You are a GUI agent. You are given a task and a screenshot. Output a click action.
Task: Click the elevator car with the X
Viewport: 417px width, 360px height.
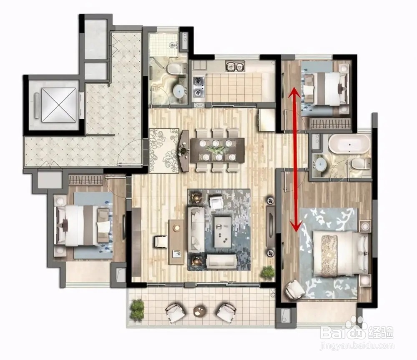tap(59, 105)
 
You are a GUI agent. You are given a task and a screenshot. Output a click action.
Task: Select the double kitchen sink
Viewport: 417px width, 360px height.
tap(235, 66)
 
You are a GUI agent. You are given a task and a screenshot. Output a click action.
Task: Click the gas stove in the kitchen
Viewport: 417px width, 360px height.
tap(198, 86)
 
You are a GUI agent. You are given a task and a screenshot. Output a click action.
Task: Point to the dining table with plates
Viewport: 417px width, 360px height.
tap(217, 150)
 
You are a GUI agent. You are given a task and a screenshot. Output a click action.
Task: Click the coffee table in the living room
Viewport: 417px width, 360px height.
tap(223, 232)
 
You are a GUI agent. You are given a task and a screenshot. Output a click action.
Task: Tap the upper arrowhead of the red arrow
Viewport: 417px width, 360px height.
tap(294, 93)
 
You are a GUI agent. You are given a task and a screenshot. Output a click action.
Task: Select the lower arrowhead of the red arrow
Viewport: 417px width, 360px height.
tap(296, 226)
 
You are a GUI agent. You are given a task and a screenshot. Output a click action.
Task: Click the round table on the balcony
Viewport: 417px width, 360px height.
tap(200, 311)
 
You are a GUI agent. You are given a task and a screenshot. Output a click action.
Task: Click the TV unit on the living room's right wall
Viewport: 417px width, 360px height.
tap(271, 226)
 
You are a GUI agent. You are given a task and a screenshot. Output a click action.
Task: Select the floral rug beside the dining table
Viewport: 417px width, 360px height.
tap(164, 151)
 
